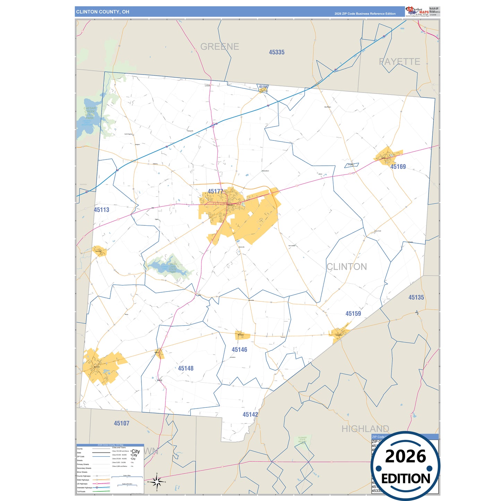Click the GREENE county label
(x=220, y=46)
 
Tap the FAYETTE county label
(x=399, y=62)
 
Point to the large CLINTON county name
(x=347, y=267)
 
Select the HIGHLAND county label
(x=365, y=429)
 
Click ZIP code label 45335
(x=277, y=52)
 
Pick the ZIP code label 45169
(x=398, y=167)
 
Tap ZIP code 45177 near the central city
(x=215, y=191)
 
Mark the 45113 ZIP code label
(x=102, y=210)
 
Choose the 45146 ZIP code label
(x=240, y=349)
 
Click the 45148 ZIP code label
(x=186, y=368)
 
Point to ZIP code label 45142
(x=250, y=415)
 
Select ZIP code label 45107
(x=122, y=423)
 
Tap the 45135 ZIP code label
(x=416, y=297)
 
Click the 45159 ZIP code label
(x=353, y=314)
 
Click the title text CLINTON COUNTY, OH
(x=103, y=12)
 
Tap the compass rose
(x=157, y=482)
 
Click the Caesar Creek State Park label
(x=90, y=113)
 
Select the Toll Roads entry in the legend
(x=81, y=491)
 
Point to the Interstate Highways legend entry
(x=85, y=487)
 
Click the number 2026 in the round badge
(x=405, y=456)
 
